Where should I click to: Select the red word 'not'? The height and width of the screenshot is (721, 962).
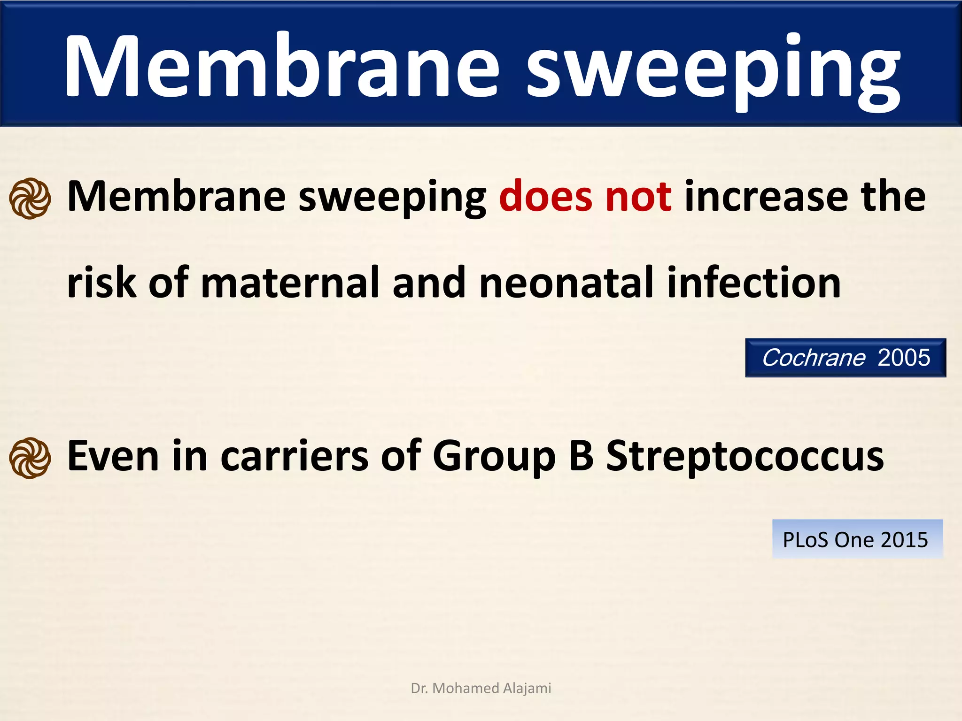(638, 196)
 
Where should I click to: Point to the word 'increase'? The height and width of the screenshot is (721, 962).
(766, 196)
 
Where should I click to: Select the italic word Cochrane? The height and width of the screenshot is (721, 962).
(813, 358)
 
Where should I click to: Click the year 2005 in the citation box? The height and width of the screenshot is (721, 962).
(904, 358)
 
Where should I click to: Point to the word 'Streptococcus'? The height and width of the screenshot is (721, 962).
(745, 456)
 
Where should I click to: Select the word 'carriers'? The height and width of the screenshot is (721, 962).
(295, 456)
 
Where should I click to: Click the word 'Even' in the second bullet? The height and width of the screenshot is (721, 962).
(113, 456)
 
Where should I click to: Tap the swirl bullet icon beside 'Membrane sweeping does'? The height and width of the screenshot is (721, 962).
(30, 198)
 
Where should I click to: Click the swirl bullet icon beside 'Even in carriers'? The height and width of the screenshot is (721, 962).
(30, 458)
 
